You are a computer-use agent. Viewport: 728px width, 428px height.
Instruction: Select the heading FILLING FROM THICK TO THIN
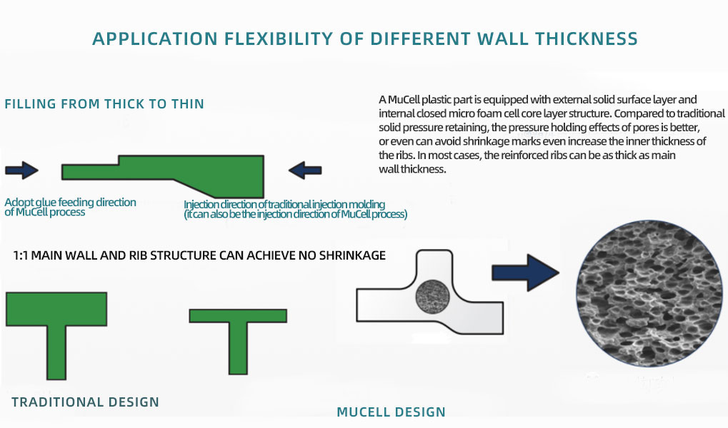click(104, 104)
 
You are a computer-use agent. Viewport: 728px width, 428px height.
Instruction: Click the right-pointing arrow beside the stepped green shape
click(22, 170)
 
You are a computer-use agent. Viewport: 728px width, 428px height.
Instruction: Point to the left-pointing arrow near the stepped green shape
click(305, 170)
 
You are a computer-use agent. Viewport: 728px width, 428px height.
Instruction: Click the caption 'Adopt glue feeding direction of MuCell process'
click(70, 207)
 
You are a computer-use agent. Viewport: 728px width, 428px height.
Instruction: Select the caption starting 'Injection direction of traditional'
click(295, 209)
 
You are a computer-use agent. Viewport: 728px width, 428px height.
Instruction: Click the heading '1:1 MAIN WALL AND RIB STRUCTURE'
click(199, 255)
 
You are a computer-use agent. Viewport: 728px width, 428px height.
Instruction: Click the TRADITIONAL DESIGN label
click(86, 402)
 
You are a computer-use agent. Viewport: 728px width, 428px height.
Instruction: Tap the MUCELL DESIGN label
click(391, 412)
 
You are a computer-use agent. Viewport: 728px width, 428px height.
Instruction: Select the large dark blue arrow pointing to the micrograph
click(525, 272)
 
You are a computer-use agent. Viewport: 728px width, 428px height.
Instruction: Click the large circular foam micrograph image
click(649, 293)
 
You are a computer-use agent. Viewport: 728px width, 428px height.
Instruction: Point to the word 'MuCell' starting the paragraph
click(403, 100)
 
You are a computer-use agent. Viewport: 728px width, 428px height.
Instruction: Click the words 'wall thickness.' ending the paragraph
click(412, 169)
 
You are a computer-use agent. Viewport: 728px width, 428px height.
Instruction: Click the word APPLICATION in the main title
click(155, 39)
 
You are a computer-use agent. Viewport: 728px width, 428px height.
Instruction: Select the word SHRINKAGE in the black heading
click(352, 255)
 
